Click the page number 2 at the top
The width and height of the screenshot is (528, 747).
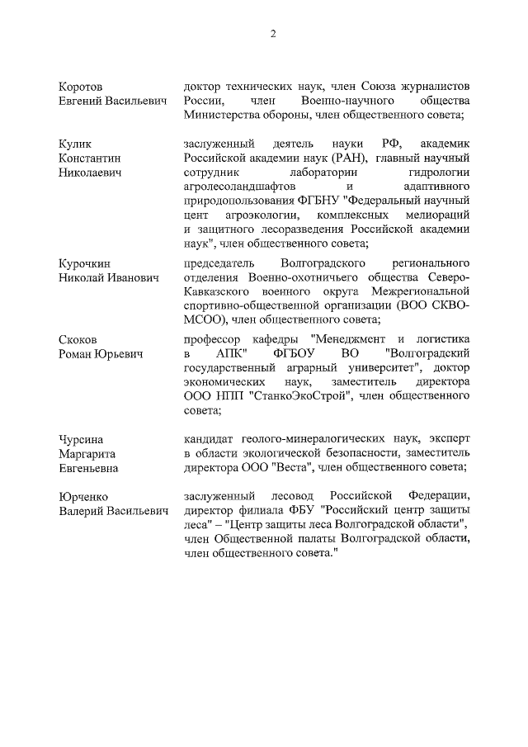click(x=272, y=33)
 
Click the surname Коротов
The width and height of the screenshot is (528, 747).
click(x=82, y=87)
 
